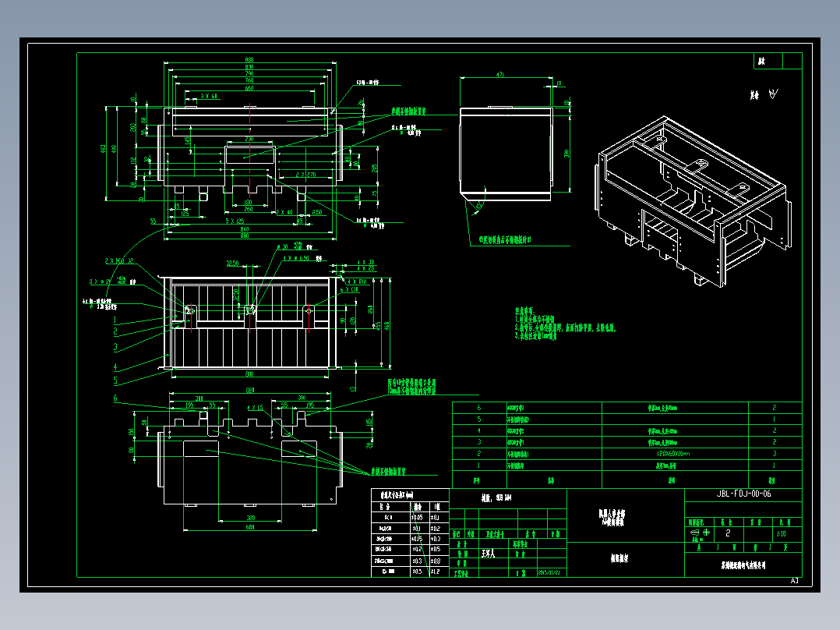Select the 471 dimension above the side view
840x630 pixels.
coord(499,75)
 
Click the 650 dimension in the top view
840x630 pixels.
coord(249,89)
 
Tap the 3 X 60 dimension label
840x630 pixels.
coord(209,96)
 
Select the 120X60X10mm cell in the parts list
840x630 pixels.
coord(674,453)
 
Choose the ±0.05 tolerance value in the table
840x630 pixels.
coord(418,516)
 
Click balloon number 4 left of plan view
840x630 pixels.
coord(115,366)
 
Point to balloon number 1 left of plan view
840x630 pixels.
coord(115,320)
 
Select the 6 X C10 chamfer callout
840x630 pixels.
coord(350,290)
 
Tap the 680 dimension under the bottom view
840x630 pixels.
coord(249,528)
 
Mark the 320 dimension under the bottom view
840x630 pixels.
coord(249,517)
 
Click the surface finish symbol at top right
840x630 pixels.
coord(772,94)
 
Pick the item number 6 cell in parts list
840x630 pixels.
coord(478,408)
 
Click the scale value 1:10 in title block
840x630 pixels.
coord(781,535)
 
